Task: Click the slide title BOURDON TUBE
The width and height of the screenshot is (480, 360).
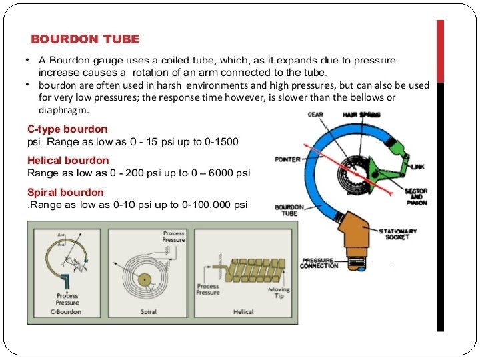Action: (x=85, y=39)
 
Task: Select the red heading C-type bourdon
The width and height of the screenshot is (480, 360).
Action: (x=67, y=129)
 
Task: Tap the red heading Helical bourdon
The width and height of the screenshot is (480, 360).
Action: (x=68, y=160)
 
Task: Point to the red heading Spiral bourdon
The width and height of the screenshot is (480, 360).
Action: (x=65, y=193)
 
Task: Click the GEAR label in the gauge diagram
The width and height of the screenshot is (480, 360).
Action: (x=315, y=115)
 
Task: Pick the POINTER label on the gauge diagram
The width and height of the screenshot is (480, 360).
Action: (x=288, y=159)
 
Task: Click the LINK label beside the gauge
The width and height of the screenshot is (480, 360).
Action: (x=417, y=166)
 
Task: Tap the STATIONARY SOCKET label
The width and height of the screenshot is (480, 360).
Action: (x=398, y=234)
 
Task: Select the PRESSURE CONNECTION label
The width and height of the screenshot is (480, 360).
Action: (x=319, y=263)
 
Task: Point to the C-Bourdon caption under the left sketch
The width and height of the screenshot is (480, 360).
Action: (x=65, y=311)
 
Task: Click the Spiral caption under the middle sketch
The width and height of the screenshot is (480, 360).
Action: (x=149, y=311)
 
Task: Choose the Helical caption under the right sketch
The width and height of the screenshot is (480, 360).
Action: (x=243, y=311)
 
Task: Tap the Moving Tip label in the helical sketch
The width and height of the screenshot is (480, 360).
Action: (x=279, y=293)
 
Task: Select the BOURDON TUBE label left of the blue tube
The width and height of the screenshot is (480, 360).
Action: (x=290, y=210)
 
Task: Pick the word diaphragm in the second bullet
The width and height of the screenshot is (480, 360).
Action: (x=63, y=109)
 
